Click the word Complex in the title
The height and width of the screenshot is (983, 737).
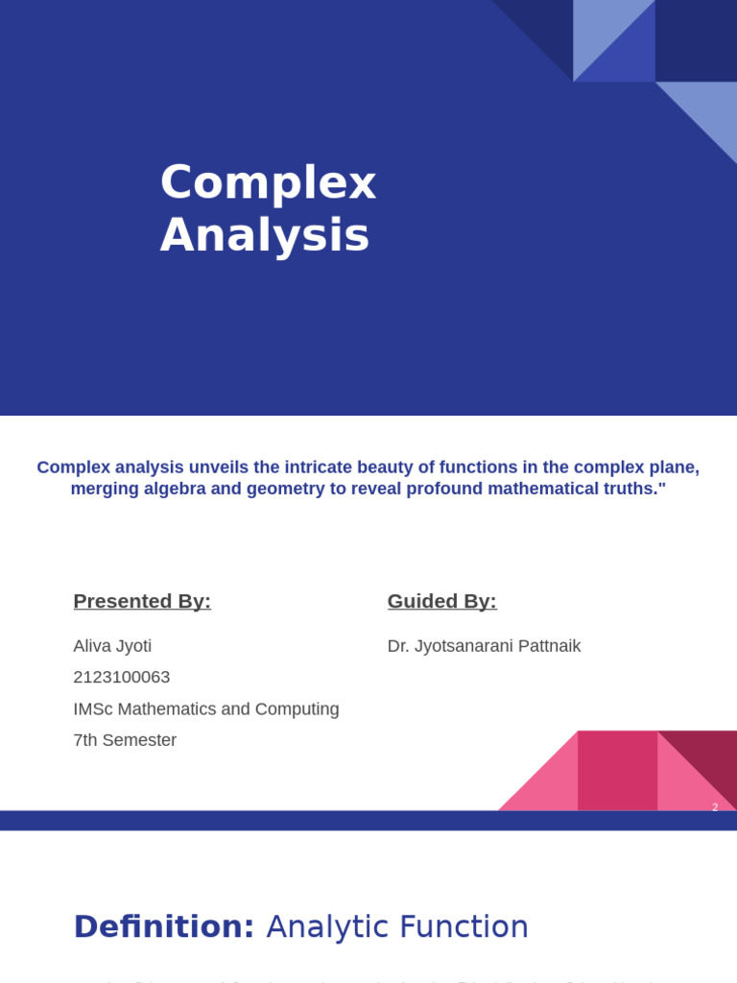(x=268, y=182)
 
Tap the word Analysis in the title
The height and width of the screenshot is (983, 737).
(x=264, y=235)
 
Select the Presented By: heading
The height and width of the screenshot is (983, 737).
(x=142, y=601)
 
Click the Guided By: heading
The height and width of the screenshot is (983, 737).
(x=441, y=601)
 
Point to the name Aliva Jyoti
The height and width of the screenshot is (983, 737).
(x=112, y=646)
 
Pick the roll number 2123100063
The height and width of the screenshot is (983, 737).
(x=122, y=677)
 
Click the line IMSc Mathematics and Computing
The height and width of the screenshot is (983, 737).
(x=206, y=709)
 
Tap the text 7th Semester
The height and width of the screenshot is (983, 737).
(x=125, y=740)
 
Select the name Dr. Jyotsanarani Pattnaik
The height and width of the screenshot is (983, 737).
(x=484, y=646)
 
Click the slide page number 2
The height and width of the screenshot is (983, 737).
(x=715, y=807)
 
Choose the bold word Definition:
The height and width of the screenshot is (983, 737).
(x=164, y=927)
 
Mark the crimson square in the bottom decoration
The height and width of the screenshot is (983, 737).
(x=617, y=770)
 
